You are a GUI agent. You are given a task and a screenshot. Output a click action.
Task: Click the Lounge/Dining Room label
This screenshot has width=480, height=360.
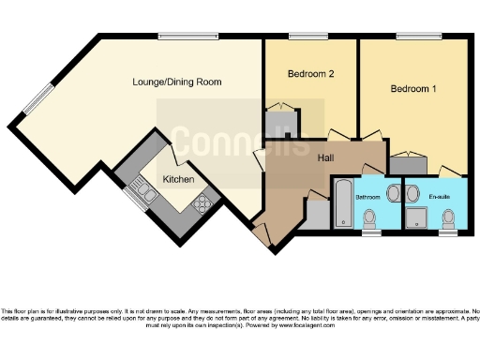coord(176,82)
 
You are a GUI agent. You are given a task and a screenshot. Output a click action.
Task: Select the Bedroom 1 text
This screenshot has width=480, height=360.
coord(413,89)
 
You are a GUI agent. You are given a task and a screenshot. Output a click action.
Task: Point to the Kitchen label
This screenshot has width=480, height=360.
coord(178,179)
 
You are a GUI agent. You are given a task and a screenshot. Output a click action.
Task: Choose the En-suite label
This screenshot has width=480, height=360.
coord(440,198)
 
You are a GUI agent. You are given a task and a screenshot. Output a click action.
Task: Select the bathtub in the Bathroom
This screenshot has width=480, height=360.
coord(343,203)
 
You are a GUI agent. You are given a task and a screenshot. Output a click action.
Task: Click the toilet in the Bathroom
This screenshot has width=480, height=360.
coord(371,218)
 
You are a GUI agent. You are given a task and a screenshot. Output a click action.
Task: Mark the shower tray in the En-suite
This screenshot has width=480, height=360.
coord(418,218)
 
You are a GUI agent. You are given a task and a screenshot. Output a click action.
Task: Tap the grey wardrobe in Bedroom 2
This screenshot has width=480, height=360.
coord(280,123)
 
